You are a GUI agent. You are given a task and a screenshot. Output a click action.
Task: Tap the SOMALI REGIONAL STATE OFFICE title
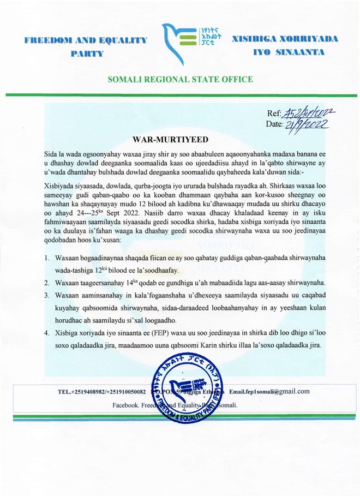pyautogui.click(x=180, y=79)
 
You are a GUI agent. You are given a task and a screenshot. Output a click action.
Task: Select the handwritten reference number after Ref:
pyautogui.click(x=309, y=113)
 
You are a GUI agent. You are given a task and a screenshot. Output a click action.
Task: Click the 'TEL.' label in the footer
pyautogui.click(x=64, y=392)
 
